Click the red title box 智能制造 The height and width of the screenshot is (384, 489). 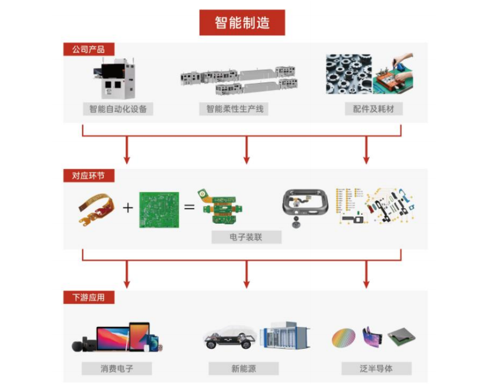[x=242, y=22]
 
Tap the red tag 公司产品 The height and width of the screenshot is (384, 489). [x=89, y=49]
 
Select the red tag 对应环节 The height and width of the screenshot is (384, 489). [x=89, y=176]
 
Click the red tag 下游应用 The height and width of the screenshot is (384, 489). [x=89, y=298]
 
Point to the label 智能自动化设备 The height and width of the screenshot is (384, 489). [x=118, y=109]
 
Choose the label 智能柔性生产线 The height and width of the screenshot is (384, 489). [x=234, y=109]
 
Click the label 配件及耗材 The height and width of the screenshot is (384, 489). [x=374, y=109]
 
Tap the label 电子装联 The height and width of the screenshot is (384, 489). [x=246, y=237]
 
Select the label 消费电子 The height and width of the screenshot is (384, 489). [x=116, y=368]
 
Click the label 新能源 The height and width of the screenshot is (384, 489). [x=243, y=368]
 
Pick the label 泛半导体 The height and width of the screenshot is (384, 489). [x=377, y=368]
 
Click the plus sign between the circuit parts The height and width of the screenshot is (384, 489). [x=128, y=208]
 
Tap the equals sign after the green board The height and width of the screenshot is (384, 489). [x=189, y=207]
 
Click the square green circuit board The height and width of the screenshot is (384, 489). [x=159, y=210]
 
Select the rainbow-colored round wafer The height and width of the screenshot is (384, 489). [x=343, y=337]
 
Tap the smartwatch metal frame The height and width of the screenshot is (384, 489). [x=305, y=204]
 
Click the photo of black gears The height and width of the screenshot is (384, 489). [x=349, y=74]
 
